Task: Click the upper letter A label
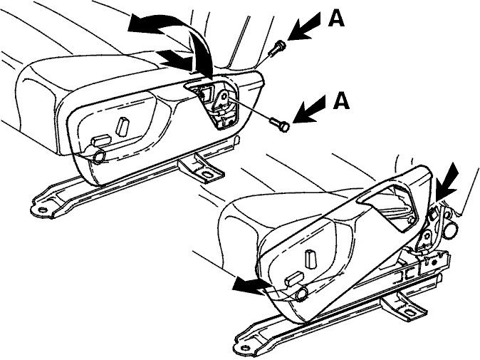click(x=336, y=20)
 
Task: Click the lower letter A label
click(x=341, y=101)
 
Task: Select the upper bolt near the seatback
click(x=277, y=48)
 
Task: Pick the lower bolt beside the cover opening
click(x=279, y=124)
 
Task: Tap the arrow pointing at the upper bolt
click(x=304, y=26)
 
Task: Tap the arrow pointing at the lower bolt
click(x=309, y=109)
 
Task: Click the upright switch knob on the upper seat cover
click(x=122, y=126)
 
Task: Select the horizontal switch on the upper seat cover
click(x=102, y=140)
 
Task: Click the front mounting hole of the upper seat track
click(x=42, y=210)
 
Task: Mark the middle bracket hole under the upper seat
click(x=207, y=174)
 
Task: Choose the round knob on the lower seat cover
click(x=302, y=294)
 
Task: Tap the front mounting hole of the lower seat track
click(x=244, y=348)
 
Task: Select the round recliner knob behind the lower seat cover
click(x=452, y=230)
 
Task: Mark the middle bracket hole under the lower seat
click(x=409, y=313)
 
